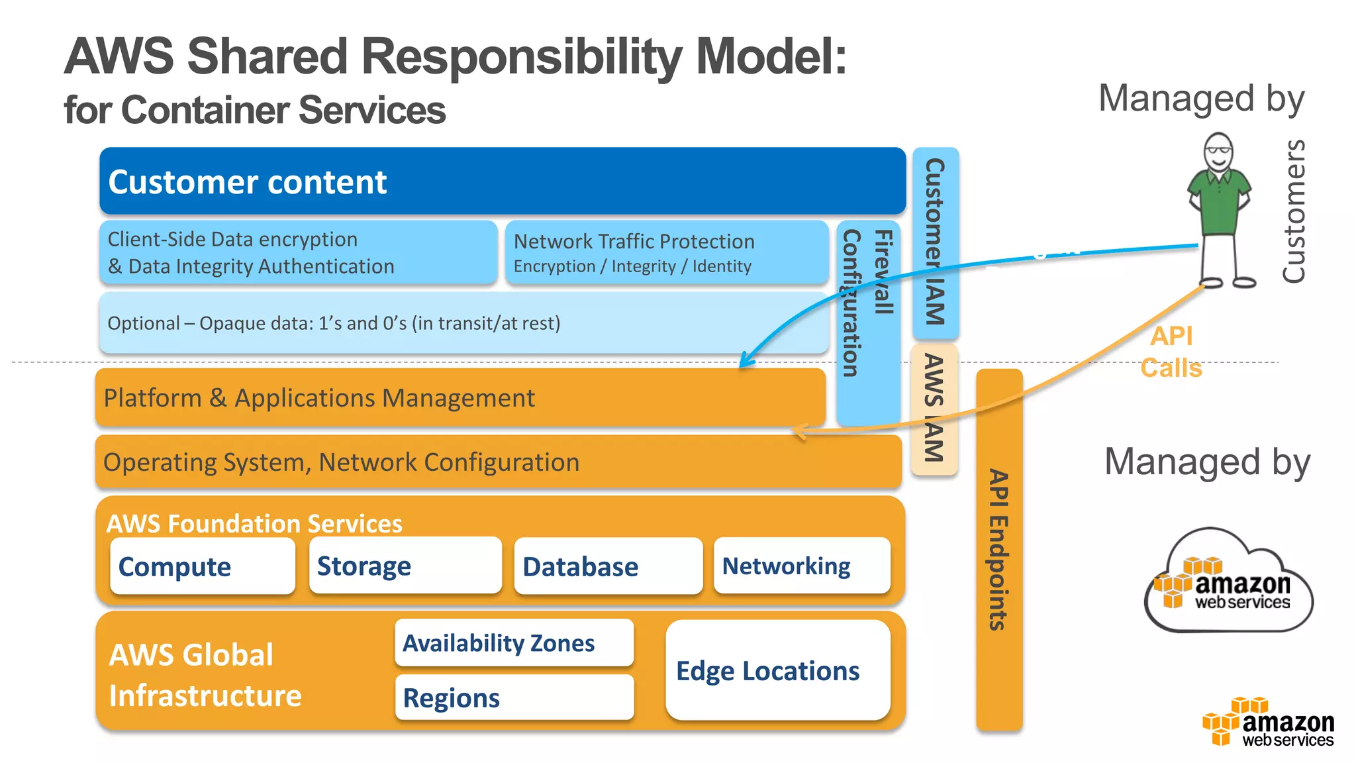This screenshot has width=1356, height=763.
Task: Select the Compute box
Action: click(202, 566)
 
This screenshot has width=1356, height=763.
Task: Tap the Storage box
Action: click(405, 566)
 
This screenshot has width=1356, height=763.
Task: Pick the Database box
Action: click(607, 566)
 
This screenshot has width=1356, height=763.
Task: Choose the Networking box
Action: click(801, 566)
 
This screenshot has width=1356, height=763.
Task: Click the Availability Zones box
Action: click(514, 642)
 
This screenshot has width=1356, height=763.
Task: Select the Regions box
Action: click(514, 697)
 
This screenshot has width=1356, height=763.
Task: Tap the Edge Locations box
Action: click(777, 670)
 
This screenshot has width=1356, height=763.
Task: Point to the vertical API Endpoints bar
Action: click(998, 550)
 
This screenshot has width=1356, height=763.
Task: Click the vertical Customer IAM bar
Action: click(935, 242)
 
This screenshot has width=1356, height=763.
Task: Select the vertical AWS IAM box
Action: click(934, 409)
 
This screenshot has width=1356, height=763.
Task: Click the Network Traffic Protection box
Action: click(666, 253)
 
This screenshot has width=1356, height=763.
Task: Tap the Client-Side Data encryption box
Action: click(298, 253)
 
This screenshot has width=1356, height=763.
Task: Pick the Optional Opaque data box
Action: click(463, 323)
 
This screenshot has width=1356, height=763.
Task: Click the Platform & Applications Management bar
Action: click(460, 397)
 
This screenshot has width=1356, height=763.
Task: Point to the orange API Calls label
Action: click(1171, 352)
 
